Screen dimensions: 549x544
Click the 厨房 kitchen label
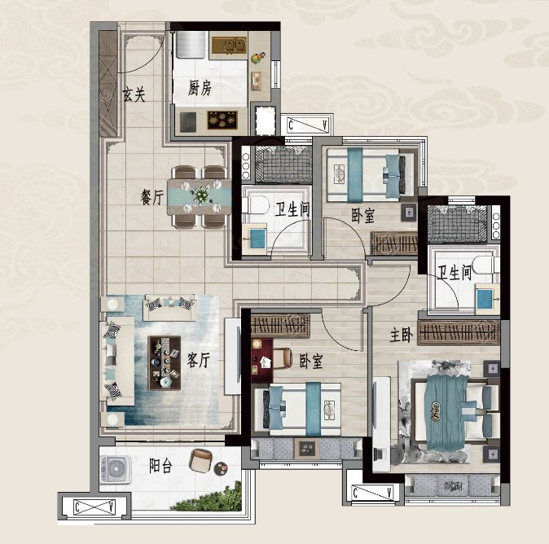tap(200, 88)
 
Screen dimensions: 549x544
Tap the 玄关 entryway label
tap(134, 94)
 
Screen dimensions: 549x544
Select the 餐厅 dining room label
tap(152, 197)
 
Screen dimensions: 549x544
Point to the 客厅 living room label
tap(198, 360)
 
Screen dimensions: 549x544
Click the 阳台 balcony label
tap(160, 466)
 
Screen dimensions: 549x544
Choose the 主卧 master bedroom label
tap(402, 335)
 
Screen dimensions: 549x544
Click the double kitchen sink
tap(230, 46)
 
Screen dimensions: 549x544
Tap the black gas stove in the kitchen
tap(222, 120)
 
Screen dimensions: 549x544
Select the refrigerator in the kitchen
tap(191, 45)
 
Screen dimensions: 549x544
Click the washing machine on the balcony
tap(116, 470)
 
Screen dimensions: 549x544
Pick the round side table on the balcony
tap(221, 469)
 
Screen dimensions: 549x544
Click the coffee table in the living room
tap(165, 363)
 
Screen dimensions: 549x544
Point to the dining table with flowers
tap(200, 197)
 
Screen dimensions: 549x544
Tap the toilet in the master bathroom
tap(486, 265)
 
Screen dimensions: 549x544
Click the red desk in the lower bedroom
tap(262, 360)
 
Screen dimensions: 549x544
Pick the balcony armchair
tap(200, 460)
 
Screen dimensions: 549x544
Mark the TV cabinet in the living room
tap(232, 357)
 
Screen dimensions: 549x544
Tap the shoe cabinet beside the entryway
tap(108, 84)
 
